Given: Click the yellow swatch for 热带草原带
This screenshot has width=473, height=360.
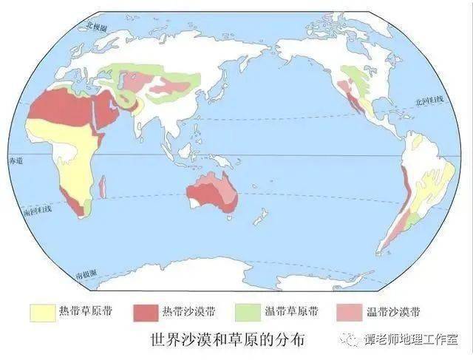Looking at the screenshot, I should pyautogui.click(x=42, y=312).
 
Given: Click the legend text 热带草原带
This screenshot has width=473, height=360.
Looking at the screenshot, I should pyautogui.click(x=91, y=312).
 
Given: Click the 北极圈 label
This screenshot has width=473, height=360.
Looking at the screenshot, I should pyautogui.click(x=95, y=27).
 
